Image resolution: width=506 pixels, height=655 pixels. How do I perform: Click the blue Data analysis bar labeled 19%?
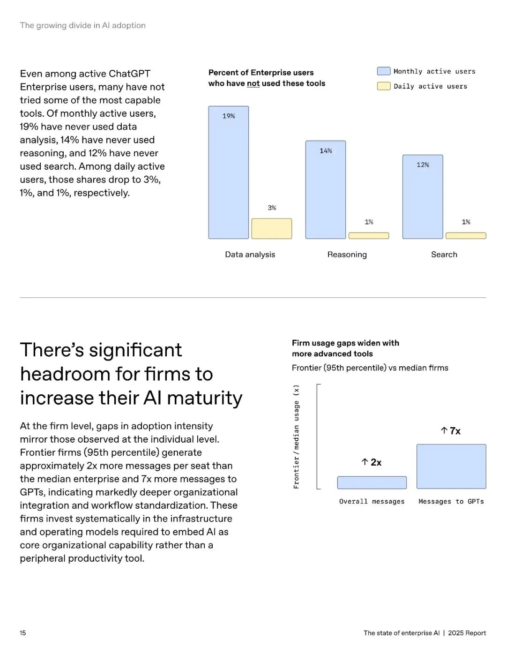tap(229, 173)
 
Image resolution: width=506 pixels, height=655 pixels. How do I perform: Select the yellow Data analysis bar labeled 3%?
tap(272, 229)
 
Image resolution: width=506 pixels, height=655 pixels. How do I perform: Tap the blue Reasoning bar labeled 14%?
tap(326, 190)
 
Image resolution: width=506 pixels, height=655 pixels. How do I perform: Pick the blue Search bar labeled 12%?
tap(423, 197)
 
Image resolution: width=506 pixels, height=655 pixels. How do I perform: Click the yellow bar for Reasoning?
tap(369, 236)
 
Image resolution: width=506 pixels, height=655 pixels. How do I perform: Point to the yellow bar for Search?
tap(466, 236)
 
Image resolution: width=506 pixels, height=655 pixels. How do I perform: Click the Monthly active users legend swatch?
tap(384, 71)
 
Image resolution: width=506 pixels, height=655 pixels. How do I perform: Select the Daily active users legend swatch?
tap(384, 86)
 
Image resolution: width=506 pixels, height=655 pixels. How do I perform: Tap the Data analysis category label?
tap(250, 255)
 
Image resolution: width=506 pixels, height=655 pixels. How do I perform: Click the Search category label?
tap(444, 255)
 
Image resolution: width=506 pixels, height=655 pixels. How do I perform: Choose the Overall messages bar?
tap(372, 483)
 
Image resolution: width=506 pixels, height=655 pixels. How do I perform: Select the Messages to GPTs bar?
tap(451, 467)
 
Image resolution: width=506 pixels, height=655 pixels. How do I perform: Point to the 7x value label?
tap(451, 431)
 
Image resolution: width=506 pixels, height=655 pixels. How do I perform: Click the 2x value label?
tap(372, 462)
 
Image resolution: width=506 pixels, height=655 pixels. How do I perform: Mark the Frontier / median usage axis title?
tap(296, 437)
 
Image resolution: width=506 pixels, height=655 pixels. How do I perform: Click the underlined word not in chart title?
tap(253, 83)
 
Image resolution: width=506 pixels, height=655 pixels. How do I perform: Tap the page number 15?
tap(23, 633)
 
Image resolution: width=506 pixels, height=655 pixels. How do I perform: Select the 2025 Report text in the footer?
tap(467, 633)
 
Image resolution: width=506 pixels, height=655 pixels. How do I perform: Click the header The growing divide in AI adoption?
tap(82, 25)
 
